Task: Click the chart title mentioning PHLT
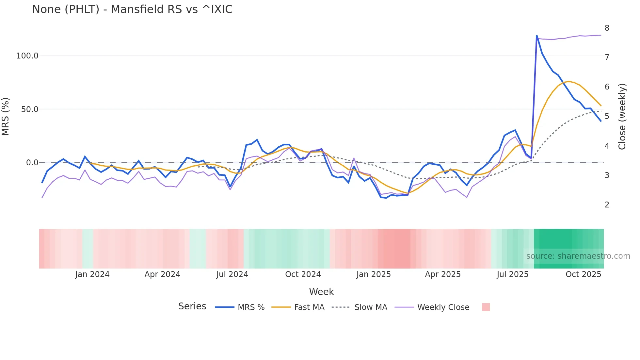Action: pos(132,9)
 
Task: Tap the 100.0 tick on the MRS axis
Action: pos(27,56)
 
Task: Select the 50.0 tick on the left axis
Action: pos(30,109)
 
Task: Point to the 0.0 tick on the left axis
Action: pos(32,163)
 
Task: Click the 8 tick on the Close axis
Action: pos(607,28)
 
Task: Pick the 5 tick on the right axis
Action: pos(607,116)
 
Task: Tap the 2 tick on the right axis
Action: pos(607,205)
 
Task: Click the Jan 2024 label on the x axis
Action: pos(92,274)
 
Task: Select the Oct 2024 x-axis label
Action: pos(303,274)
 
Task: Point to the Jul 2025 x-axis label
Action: pos(513,274)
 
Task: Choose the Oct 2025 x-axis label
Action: pos(583,274)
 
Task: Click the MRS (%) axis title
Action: pos(6,117)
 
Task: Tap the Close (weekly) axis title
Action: pos(622,117)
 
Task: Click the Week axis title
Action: pos(321,292)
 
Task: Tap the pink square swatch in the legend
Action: pos(486,307)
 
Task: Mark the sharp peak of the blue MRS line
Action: pos(537,35)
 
